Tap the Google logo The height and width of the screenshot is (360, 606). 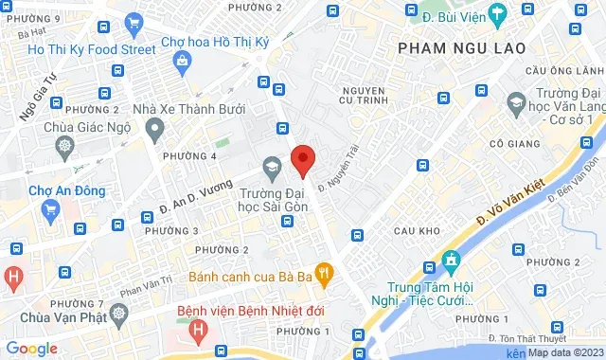coord(32,349)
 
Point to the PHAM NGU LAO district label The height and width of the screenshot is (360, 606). coord(454,46)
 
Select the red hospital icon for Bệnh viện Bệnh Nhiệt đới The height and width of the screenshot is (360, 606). coord(198,330)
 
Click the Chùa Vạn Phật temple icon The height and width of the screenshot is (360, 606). coord(117,313)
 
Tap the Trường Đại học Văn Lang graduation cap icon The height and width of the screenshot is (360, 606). coord(516,102)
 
